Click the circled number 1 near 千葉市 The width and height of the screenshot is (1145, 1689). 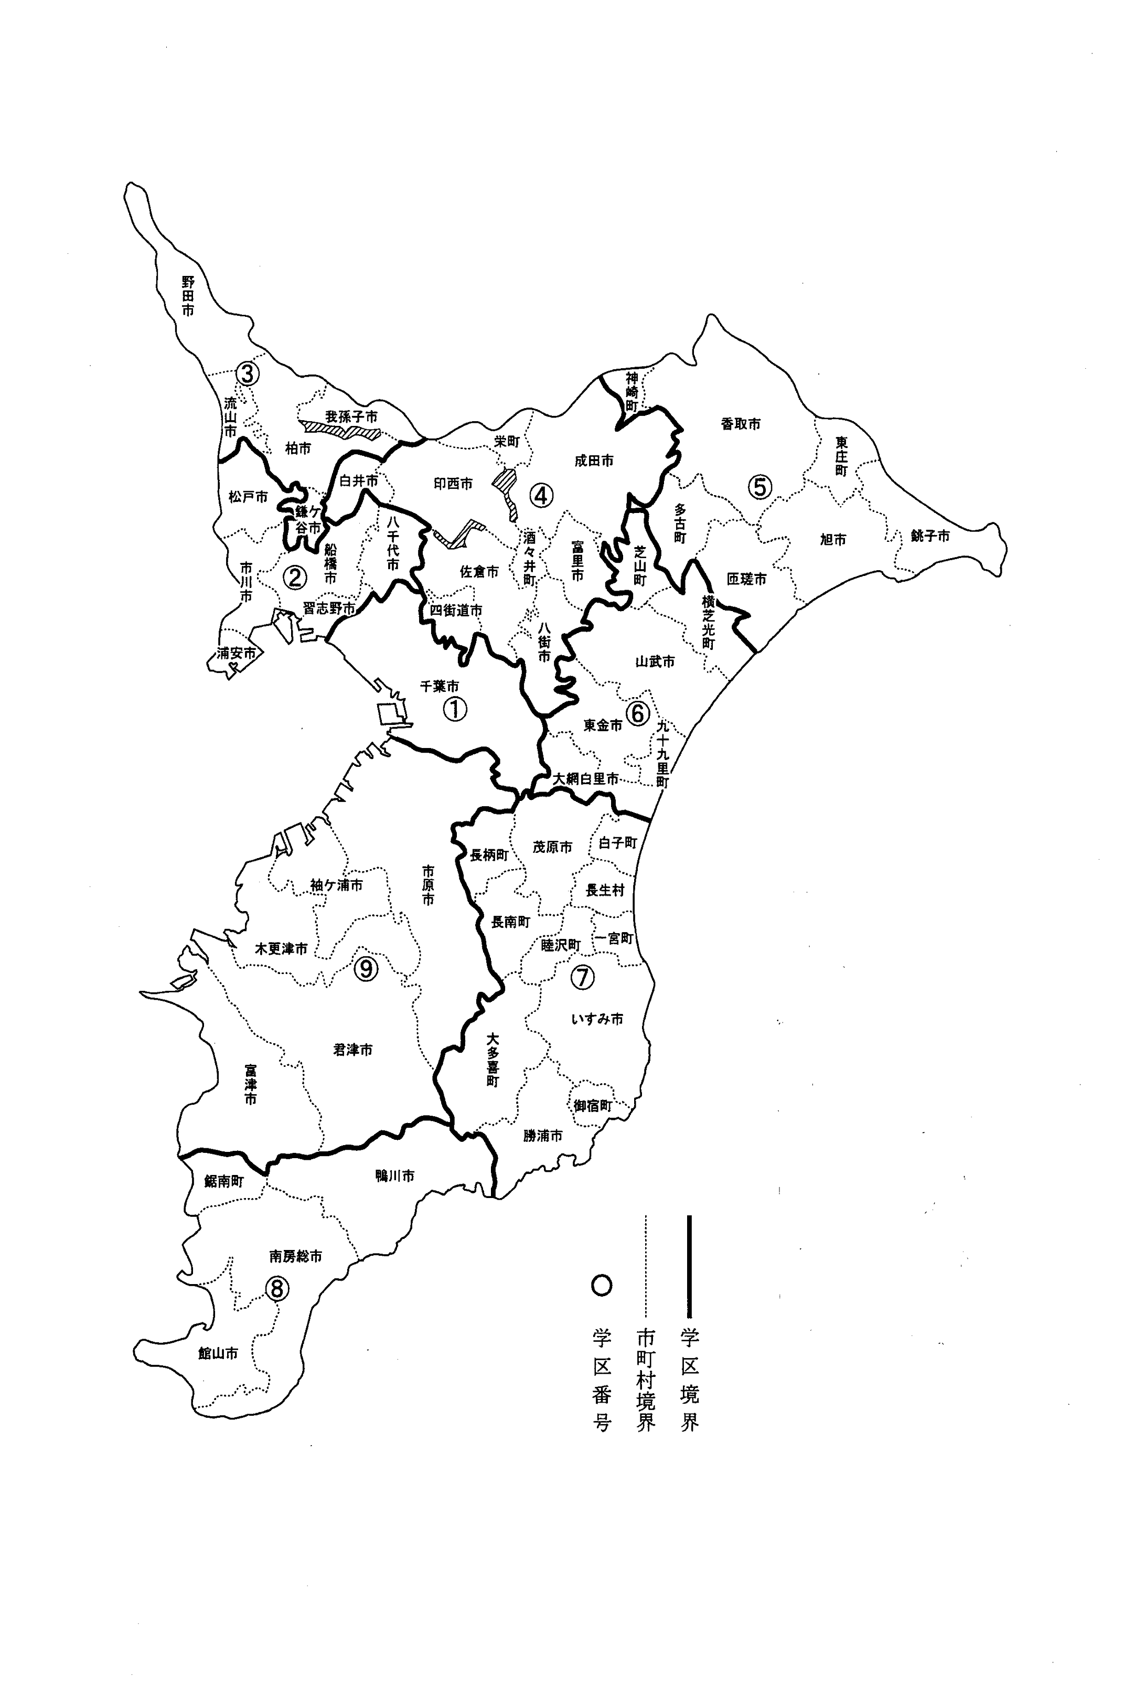[x=454, y=709]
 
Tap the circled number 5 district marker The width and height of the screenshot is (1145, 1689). [x=760, y=486]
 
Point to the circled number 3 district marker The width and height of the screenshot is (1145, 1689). [x=247, y=375]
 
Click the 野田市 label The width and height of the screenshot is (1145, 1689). [x=188, y=296]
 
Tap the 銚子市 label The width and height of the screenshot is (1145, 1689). [x=930, y=537]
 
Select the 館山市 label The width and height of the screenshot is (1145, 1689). [x=218, y=1353]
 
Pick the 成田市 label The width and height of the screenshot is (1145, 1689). [x=594, y=461]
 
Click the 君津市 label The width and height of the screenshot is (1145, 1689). [x=353, y=1050]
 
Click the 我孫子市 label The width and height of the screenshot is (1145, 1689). [x=351, y=417]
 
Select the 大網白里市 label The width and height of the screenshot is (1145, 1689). [x=586, y=778]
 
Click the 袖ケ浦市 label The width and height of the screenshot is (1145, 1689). [x=336, y=885]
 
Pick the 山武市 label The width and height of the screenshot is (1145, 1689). [x=655, y=661]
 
